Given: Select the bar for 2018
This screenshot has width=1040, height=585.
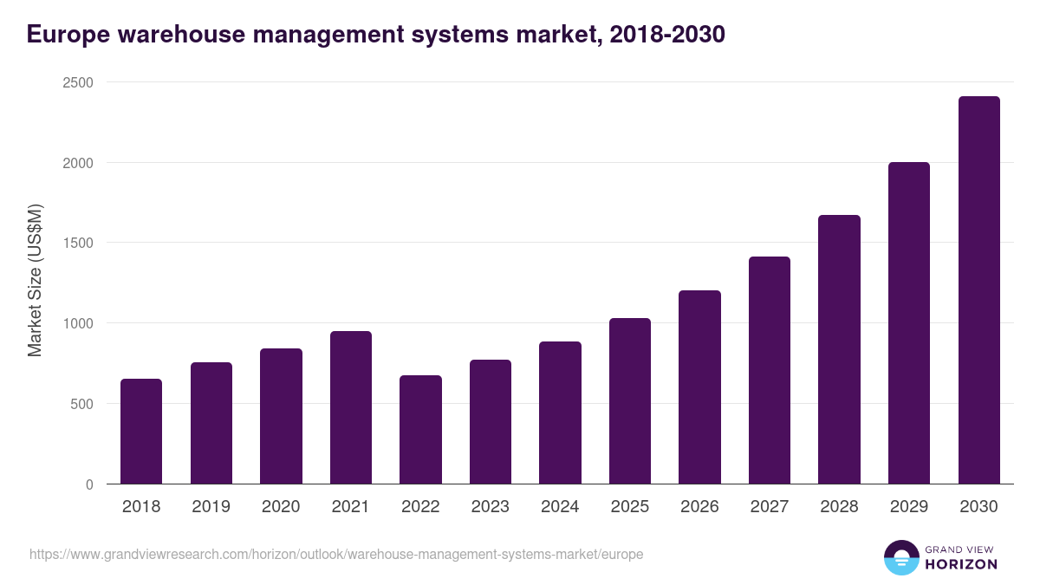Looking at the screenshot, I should click(141, 432).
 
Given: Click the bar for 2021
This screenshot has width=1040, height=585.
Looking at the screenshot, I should click(351, 407).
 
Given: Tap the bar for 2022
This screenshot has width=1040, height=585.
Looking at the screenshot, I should click(420, 430).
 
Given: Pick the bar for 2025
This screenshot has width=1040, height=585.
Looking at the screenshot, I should click(630, 401).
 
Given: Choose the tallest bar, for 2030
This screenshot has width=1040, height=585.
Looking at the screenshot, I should click(978, 290).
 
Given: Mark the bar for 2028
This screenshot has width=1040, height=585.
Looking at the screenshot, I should click(839, 349).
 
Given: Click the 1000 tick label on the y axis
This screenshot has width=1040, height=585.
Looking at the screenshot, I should click(76, 323).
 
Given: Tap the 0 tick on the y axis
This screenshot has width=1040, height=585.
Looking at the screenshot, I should click(88, 484).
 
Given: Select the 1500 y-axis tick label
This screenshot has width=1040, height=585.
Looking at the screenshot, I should click(76, 244).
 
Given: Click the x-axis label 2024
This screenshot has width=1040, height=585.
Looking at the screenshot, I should click(560, 507).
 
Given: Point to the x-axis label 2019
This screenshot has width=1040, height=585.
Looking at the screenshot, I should click(211, 507).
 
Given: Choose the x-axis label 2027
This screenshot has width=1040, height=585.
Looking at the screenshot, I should click(770, 507).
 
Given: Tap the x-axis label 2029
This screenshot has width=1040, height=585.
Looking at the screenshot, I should click(909, 507).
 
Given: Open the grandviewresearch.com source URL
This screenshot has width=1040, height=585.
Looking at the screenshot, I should click(336, 554).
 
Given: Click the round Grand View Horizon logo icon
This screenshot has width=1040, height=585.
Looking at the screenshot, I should click(900, 558).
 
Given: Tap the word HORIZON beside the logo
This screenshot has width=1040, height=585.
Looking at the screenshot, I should click(961, 564).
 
